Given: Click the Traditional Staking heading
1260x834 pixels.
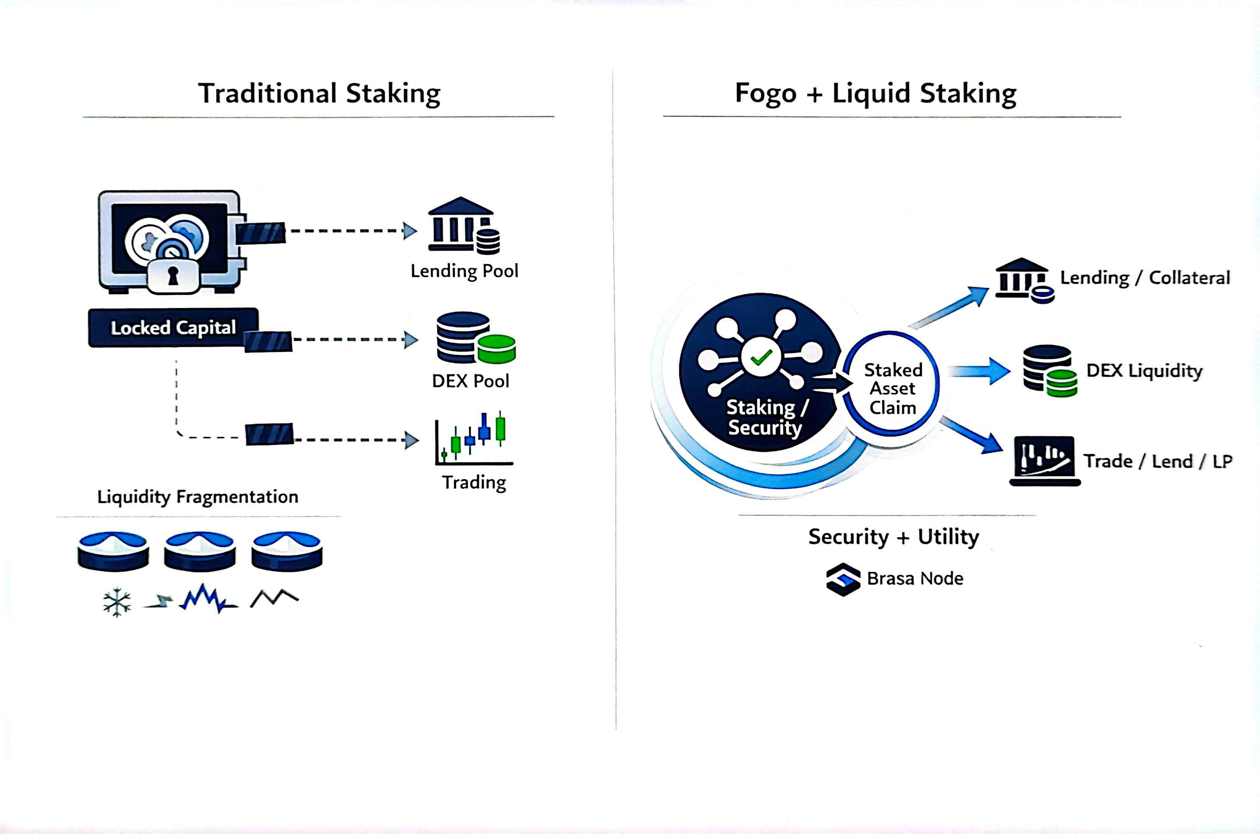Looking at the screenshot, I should pos(319,94).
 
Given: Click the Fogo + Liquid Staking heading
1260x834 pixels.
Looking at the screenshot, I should pos(875,94).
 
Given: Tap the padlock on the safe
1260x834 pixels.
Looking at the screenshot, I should pos(173,275).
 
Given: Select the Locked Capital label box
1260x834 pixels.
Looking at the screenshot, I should pos(173,328).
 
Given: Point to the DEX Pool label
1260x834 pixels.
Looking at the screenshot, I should pos(470,381).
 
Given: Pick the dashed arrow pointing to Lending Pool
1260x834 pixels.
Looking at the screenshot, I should pos(351,231).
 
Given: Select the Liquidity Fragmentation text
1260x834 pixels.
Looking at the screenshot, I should pos(198,497).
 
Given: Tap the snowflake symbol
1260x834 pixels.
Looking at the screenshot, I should pos(116,602).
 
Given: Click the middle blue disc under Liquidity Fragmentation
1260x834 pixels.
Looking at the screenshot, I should pos(200,551).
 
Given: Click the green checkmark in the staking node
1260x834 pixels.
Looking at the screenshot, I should pos(761,357).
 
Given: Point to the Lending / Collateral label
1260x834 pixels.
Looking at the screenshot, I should pos(1145,277).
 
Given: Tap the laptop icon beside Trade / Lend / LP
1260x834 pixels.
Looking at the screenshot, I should pos(1044,461).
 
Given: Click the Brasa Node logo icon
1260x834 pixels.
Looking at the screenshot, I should pos(843,579).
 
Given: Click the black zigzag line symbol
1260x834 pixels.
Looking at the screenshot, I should pos(274,598).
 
